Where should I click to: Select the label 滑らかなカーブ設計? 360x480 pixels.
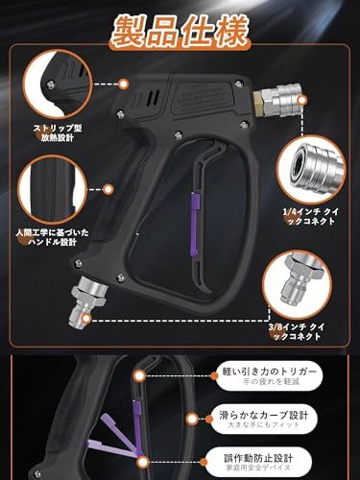point(287,417)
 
